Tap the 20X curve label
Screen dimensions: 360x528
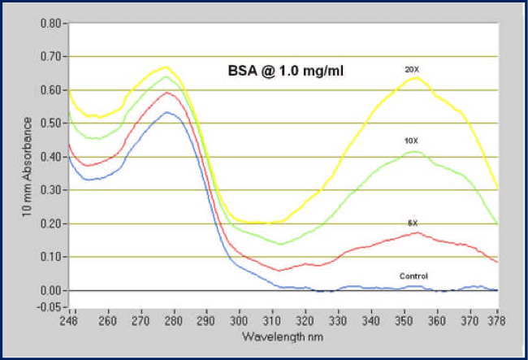412,70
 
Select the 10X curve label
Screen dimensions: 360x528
412,141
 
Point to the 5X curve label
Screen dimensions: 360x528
413,223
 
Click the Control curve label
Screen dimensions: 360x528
413,276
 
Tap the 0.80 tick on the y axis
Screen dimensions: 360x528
50,23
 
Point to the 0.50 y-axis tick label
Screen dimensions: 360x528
50,124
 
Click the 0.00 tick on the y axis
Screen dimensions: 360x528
50,290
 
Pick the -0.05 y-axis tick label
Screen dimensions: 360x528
49,307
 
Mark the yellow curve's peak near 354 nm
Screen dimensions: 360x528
416,77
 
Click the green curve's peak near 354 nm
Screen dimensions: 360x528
415,151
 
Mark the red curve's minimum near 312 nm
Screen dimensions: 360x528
279,270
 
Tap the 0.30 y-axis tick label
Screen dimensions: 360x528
50,190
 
